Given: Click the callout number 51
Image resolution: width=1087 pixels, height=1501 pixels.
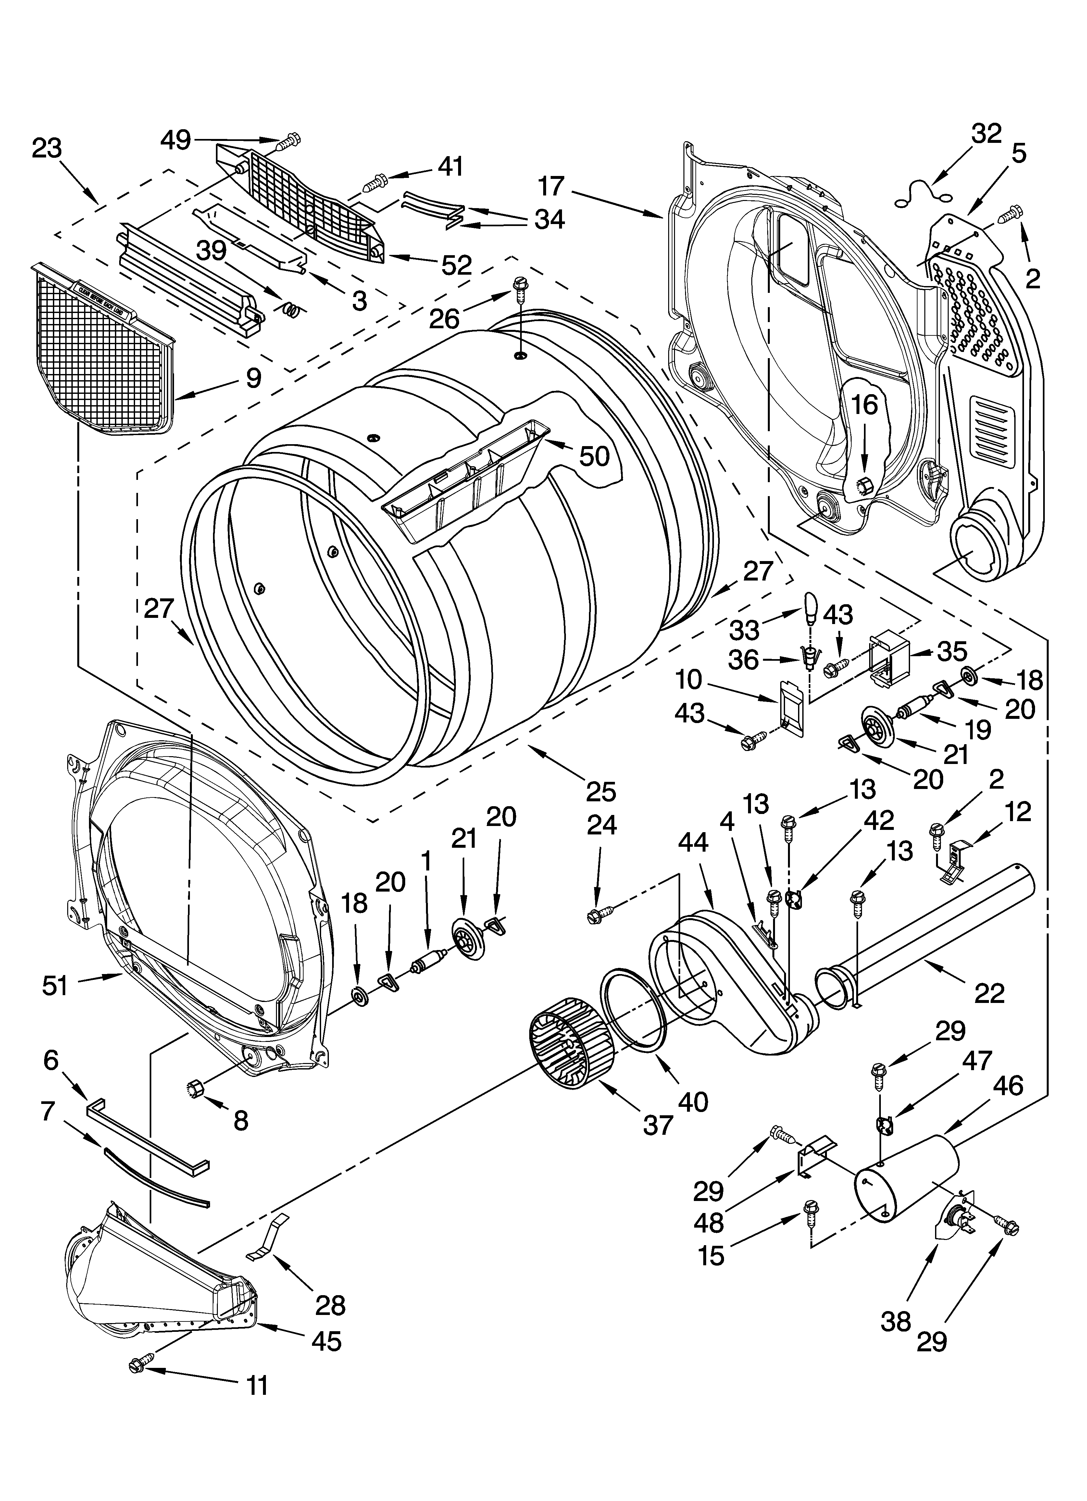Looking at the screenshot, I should (55, 985).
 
